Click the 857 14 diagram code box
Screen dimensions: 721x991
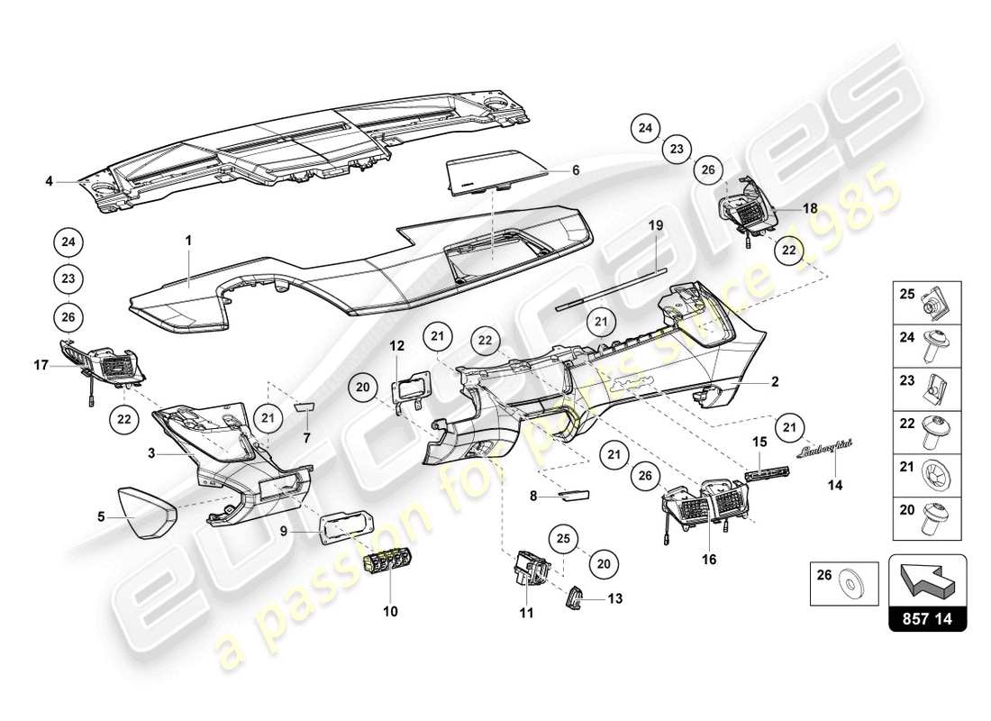tap(928, 620)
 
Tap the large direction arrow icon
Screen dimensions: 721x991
tap(928, 580)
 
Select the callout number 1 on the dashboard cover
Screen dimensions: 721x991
tap(189, 241)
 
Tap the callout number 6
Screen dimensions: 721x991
tap(576, 169)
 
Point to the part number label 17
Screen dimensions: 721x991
tap(41, 367)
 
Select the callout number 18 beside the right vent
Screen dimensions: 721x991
tap(811, 207)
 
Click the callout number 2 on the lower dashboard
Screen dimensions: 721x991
tap(774, 381)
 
